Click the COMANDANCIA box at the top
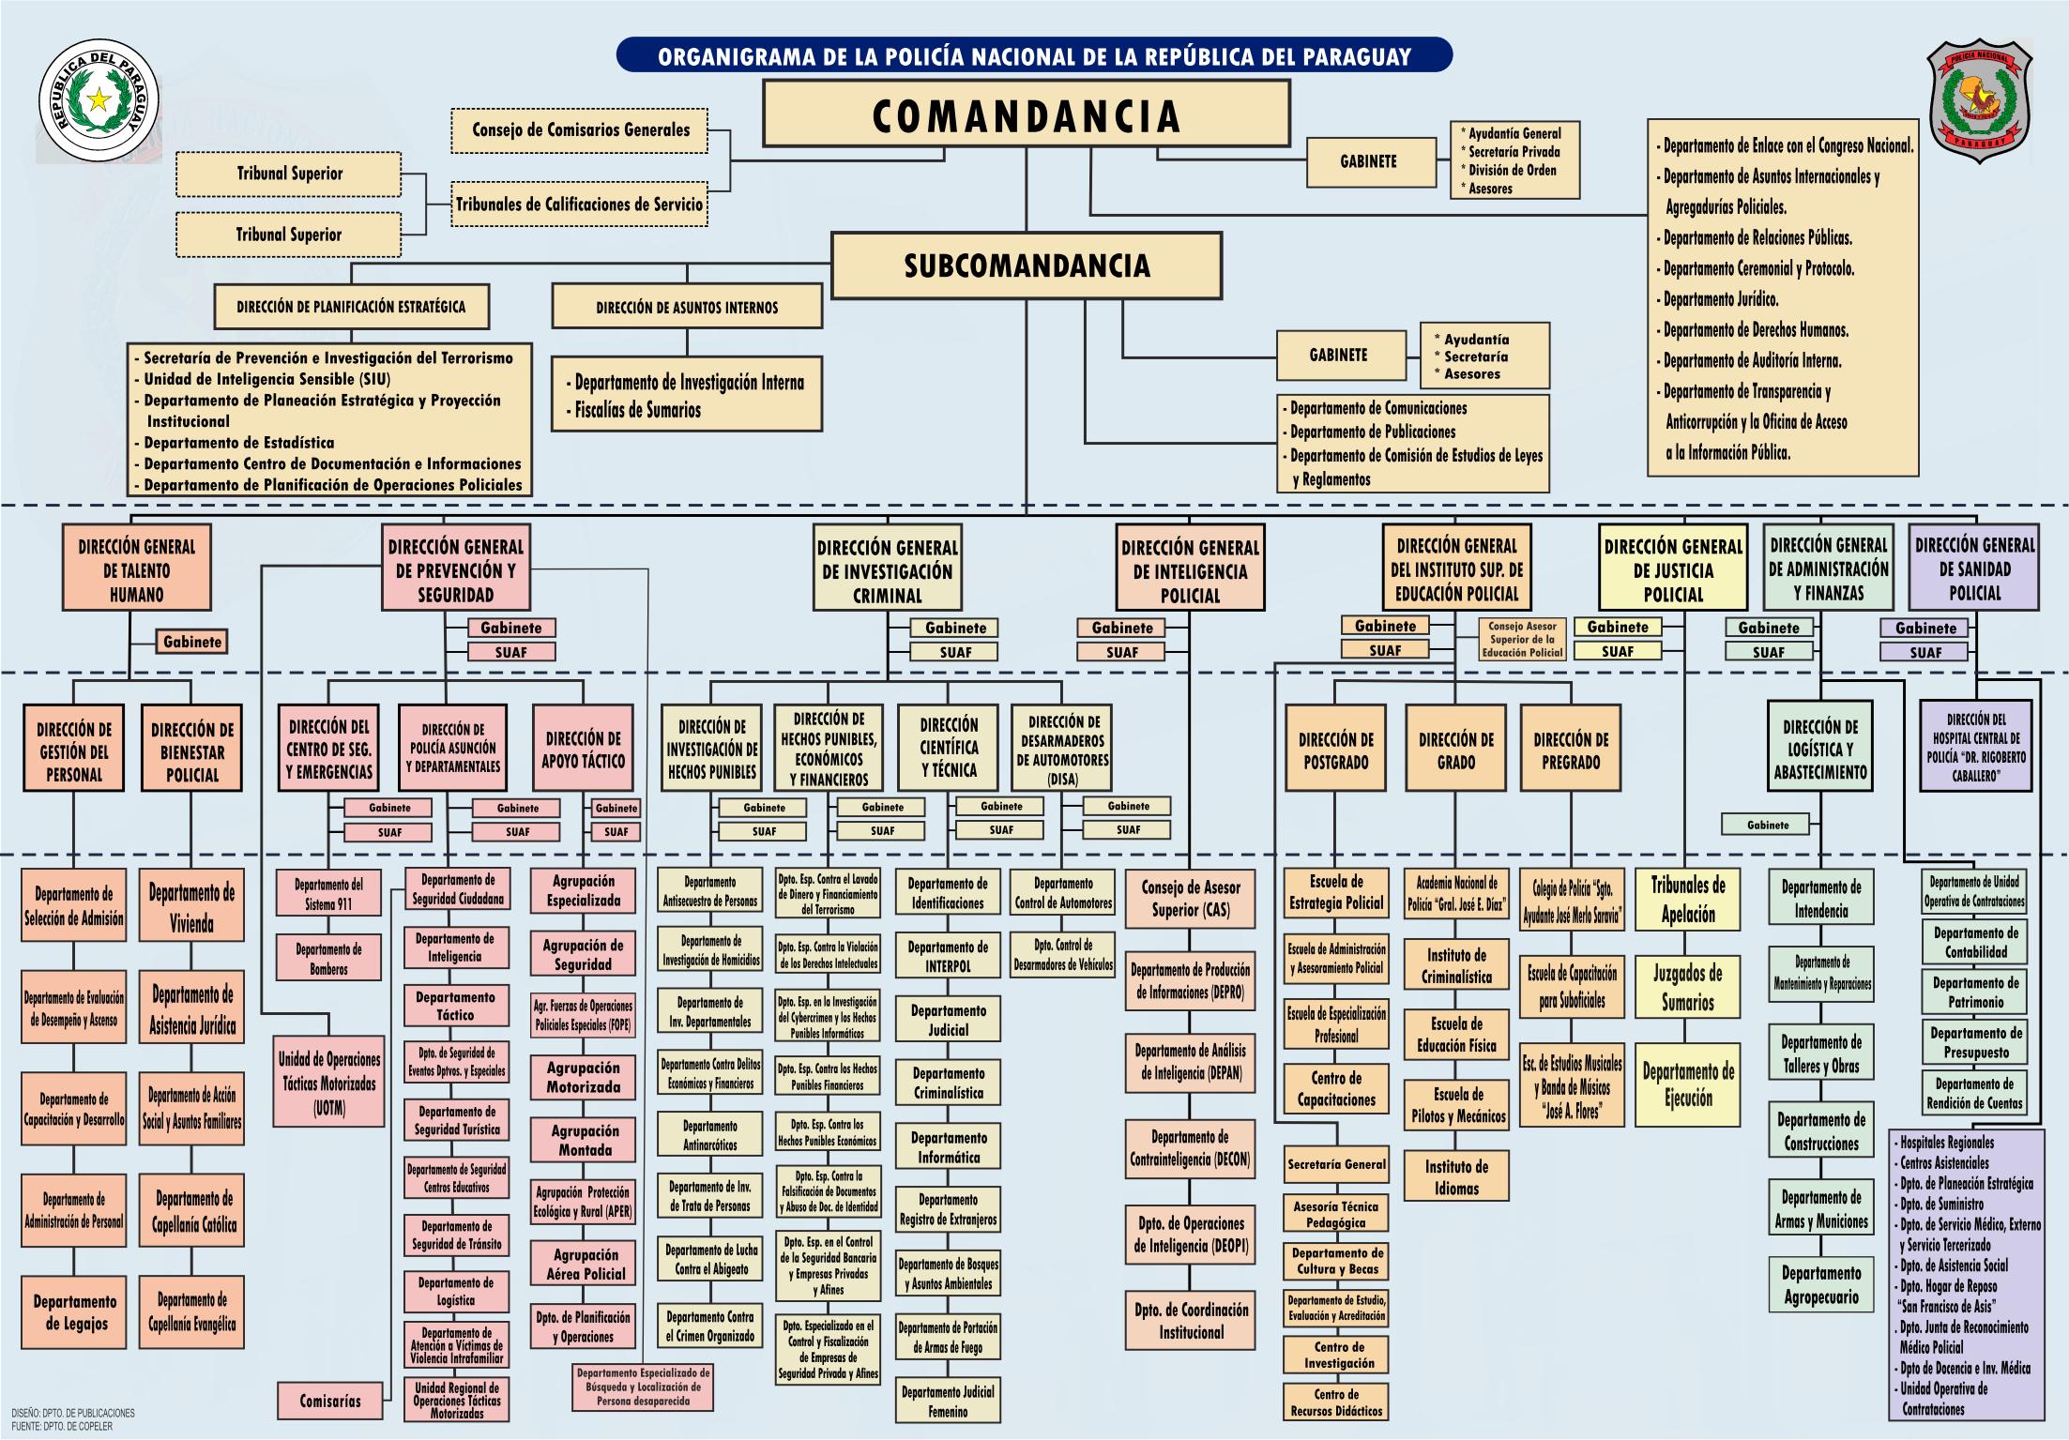pos(1026,114)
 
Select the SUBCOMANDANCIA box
pos(1027,265)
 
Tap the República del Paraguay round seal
pos(99,101)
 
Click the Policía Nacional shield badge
pos(1980,101)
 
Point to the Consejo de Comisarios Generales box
pos(580,130)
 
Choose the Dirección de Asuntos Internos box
pos(687,307)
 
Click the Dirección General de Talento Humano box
pos(137,569)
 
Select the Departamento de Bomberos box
pos(328,958)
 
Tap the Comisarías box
pos(330,1401)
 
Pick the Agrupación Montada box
pos(584,1141)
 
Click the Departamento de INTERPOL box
pos(948,956)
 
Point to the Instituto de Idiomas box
pos(1456,1176)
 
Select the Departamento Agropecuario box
pos(1820,1285)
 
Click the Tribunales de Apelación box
pos(1687,900)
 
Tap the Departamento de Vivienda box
pos(191,906)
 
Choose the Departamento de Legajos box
pos(74,1311)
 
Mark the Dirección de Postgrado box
pos(1335,750)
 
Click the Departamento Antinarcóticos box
pos(709,1135)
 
